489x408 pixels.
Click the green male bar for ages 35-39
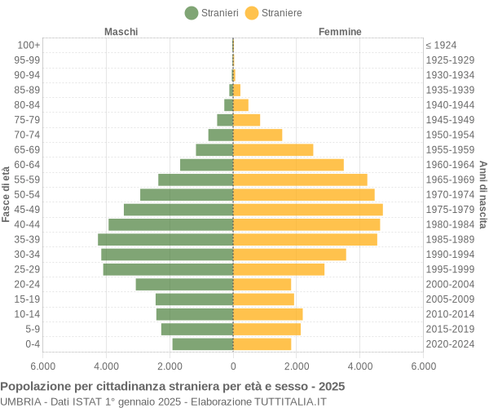(165, 239)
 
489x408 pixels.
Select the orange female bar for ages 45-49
(308, 210)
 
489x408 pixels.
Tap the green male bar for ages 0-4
(203, 344)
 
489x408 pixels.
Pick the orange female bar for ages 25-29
(279, 269)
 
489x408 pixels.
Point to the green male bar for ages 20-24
(184, 284)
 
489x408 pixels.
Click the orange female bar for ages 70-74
(258, 135)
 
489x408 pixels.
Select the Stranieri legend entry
(211, 13)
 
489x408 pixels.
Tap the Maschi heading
(121, 32)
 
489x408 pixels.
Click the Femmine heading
(340, 32)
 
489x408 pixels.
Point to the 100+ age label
(29, 45)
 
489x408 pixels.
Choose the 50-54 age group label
(27, 194)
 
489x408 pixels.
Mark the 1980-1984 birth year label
(450, 224)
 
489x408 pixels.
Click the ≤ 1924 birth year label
(441, 45)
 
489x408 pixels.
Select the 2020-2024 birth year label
(450, 344)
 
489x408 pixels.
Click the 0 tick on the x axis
(233, 367)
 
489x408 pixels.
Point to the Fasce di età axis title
(7, 194)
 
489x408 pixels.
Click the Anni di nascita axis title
(482, 194)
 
